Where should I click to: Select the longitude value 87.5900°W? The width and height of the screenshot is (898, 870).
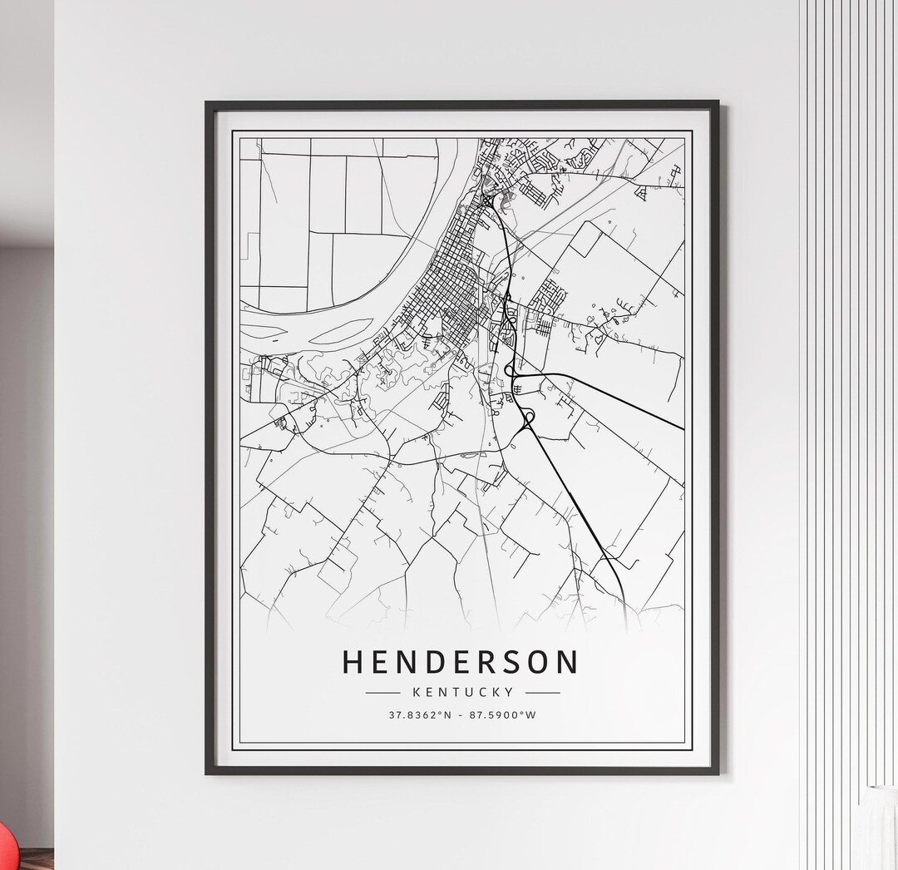503,714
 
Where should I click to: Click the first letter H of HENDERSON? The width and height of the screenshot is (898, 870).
353,662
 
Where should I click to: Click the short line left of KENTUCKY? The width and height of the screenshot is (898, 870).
383,692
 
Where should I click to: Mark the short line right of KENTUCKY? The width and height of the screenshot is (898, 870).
542,692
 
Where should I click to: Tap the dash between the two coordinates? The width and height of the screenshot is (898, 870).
462,715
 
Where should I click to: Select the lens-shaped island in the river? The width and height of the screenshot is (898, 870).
342,331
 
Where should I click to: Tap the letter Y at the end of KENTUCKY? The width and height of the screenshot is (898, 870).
509,691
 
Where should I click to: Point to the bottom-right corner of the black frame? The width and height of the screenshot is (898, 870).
718,773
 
